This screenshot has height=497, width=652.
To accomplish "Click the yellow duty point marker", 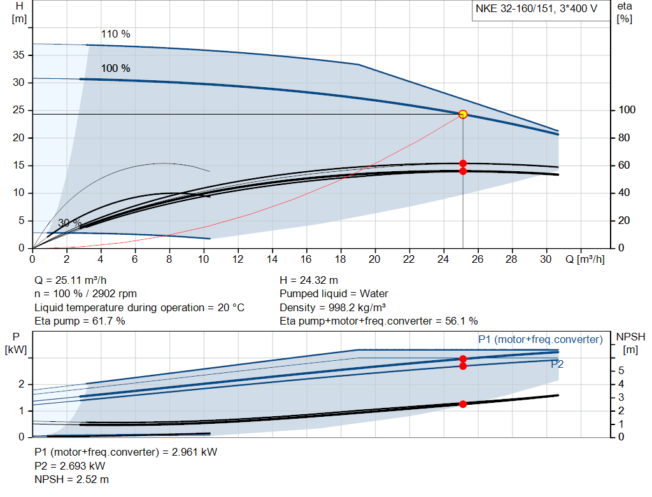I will click(x=463, y=115).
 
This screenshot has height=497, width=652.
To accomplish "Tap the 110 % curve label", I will click(x=115, y=34).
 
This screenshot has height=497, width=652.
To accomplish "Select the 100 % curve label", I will click(x=115, y=68).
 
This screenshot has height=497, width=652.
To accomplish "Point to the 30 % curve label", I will click(x=69, y=223).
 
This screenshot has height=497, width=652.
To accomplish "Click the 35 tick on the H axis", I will click(x=19, y=55).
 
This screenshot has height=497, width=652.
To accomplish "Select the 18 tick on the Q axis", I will click(x=340, y=260).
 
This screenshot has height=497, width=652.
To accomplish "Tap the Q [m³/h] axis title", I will click(x=585, y=260).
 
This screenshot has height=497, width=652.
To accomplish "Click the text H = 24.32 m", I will click(x=309, y=280).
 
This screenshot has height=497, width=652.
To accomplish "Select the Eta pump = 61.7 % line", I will click(x=80, y=321).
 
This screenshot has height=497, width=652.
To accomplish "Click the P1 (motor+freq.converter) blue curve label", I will click(x=540, y=340).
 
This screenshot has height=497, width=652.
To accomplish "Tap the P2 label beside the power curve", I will click(x=557, y=364).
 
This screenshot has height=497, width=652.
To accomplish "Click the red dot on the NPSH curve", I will click(x=463, y=404).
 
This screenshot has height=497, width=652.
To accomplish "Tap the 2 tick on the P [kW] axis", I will click(x=21, y=384).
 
